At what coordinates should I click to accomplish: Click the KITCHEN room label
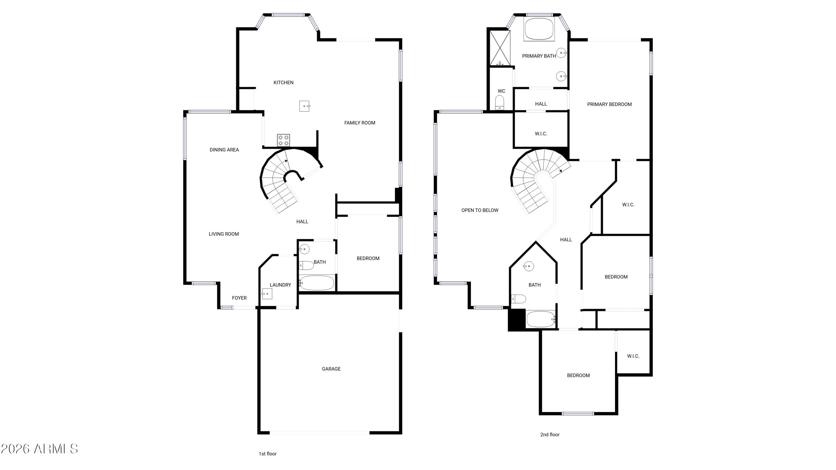click(283, 83)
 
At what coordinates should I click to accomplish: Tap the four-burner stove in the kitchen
click(283, 140)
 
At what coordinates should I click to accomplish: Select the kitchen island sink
click(304, 106)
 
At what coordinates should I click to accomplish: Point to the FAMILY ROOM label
click(359, 123)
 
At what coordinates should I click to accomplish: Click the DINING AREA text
click(224, 150)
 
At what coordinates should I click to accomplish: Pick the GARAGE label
click(331, 369)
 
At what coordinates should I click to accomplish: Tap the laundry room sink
click(267, 294)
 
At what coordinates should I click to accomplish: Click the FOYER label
click(239, 298)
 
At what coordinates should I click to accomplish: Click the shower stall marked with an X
click(500, 48)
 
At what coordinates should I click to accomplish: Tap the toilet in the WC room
click(499, 103)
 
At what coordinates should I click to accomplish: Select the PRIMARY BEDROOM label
click(609, 104)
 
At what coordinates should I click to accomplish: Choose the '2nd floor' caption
click(550, 435)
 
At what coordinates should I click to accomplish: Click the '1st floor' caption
click(268, 454)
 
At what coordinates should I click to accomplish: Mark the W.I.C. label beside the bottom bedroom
click(633, 356)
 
